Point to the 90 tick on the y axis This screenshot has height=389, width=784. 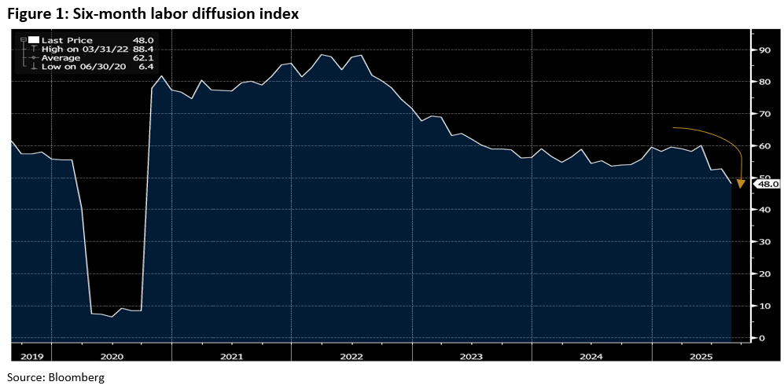[x=760, y=50]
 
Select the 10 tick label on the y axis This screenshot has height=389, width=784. [x=760, y=306]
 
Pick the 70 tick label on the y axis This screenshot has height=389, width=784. [x=760, y=114]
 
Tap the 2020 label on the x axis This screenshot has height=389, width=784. [x=112, y=356]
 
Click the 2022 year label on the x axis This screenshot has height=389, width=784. [x=351, y=356]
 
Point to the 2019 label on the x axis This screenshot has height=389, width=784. [x=31, y=356]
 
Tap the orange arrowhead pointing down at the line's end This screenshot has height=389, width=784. [x=741, y=184]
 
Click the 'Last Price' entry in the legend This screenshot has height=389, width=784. [x=68, y=40]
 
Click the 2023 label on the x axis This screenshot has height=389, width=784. [x=470, y=356]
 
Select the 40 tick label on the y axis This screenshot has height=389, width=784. [x=760, y=210]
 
